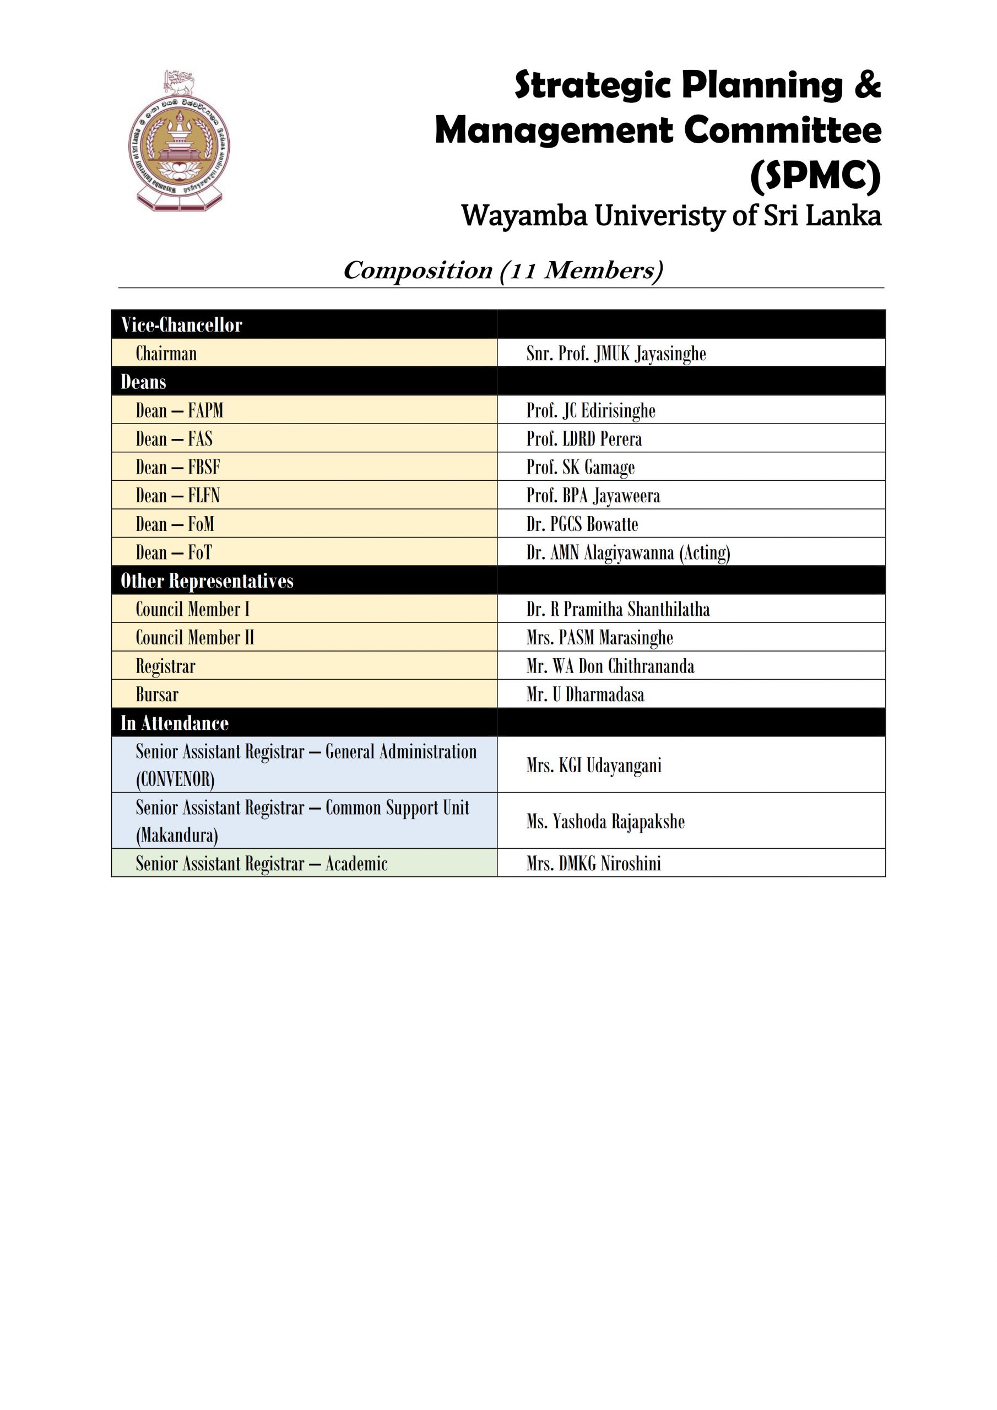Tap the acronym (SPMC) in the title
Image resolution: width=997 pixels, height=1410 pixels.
click(x=815, y=176)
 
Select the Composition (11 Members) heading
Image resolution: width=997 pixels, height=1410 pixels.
click(x=502, y=270)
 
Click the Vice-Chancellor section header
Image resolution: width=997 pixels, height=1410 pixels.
click(x=181, y=325)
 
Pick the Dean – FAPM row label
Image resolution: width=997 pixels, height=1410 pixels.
click(x=179, y=410)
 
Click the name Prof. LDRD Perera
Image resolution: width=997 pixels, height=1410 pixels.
click(x=583, y=439)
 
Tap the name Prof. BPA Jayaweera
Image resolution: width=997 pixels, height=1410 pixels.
click(x=593, y=496)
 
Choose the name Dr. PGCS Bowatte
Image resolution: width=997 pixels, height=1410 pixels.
click(x=582, y=524)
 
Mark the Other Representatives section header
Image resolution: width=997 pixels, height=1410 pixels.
click(x=207, y=581)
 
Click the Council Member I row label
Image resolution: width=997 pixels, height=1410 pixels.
click(x=192, y=609)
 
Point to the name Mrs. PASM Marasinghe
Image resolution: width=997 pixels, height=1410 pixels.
click(x=599, y=637)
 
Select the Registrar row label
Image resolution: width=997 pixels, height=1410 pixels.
click(x=165, y=666)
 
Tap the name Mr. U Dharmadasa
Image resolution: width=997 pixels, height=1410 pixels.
click(x=585, y=695)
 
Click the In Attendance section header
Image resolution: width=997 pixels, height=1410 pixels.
click(x=175, y=723)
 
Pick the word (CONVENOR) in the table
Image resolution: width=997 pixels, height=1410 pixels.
click(x=175, y=779)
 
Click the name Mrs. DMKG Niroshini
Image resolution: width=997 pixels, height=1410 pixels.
click(x=593, y=864)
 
